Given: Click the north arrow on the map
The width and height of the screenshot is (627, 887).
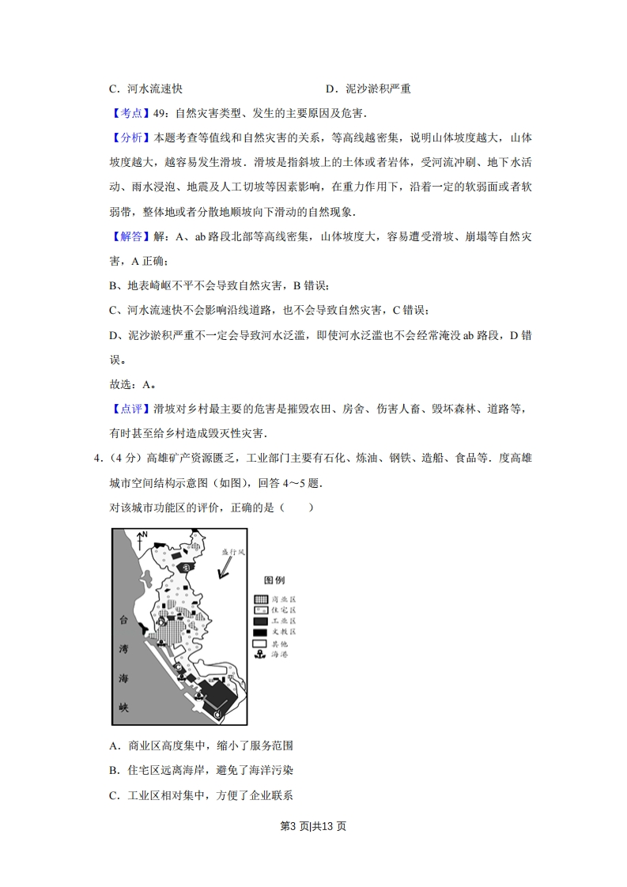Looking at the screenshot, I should [140, 540].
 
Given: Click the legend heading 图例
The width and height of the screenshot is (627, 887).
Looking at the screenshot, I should [274, 579].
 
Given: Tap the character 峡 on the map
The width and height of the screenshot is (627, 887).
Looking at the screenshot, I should [123, 706].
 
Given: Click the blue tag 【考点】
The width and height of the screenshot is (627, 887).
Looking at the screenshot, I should [127, 113].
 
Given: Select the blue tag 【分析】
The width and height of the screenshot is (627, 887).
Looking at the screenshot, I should [127, 138].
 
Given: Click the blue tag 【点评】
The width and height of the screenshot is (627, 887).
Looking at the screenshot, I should [127, 409].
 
